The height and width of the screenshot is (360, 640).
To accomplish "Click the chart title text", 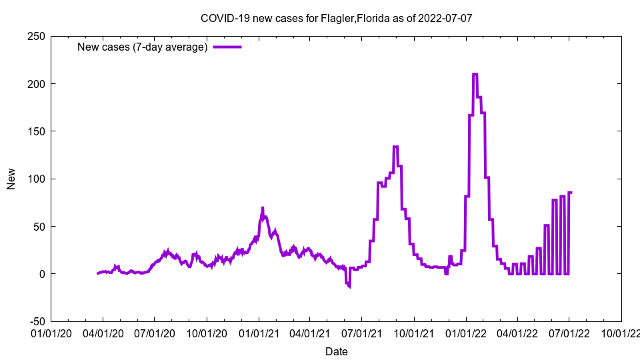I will point(336,18).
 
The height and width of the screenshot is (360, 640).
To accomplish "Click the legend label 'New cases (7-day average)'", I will point(143,47).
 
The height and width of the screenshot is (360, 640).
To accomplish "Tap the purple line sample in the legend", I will point(227,47).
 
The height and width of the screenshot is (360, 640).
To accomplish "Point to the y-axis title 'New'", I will point(11,179).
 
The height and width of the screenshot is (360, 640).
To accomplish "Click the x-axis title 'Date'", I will point(336,351).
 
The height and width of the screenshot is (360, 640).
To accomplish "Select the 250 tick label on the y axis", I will point(36,36).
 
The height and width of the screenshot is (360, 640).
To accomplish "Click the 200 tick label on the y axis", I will point(36,84).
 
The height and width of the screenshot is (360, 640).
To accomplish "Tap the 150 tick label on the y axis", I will point(36,131).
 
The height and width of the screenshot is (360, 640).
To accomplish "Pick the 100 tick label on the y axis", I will point(36,179).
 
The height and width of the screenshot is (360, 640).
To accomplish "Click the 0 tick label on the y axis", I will point(41,274).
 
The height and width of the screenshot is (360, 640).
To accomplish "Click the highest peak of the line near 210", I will point(475,74).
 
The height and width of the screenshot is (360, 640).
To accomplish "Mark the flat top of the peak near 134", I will point(395,147).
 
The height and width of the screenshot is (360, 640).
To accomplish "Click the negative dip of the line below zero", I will point(348,285).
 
